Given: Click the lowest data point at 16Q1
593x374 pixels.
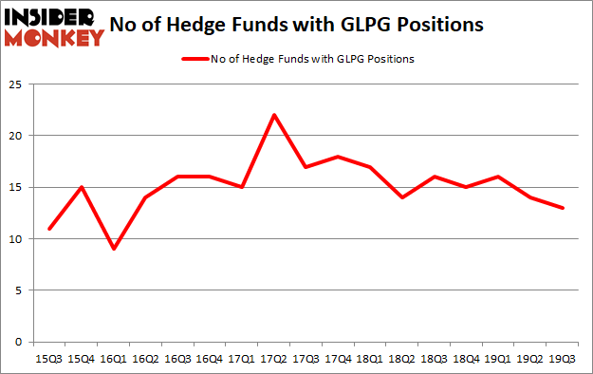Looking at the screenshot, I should click(x=115, y=249).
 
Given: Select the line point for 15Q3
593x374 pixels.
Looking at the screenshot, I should click(x=49, y=229).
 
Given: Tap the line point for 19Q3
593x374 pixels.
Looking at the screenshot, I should click(x=564, y=208).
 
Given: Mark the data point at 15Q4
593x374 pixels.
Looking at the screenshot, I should click(x=83, y=187).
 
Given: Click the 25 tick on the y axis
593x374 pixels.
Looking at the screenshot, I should click(x=16, y=84).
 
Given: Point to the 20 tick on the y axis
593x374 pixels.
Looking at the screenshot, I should click(x=16, y=136).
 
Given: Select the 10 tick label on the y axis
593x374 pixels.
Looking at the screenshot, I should click(x=16, y=239).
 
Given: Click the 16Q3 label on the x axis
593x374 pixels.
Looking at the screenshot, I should click(x=178, y=358).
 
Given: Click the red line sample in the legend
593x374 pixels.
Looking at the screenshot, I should click(x=194, y=59).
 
